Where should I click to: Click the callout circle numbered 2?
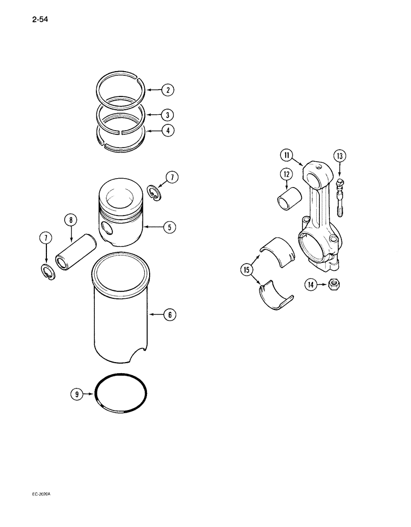[168, 90]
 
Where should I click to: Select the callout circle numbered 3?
[168, 114]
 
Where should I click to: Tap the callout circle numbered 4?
[168, 130]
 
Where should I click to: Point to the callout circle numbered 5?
[168, 228]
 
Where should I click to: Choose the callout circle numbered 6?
[168, 315]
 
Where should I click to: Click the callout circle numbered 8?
[71, 220]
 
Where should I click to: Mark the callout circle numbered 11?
[286, 155]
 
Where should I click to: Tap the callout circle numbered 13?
[339, 155]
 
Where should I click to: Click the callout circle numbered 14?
[311, 285]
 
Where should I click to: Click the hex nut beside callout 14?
[334, 284]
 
